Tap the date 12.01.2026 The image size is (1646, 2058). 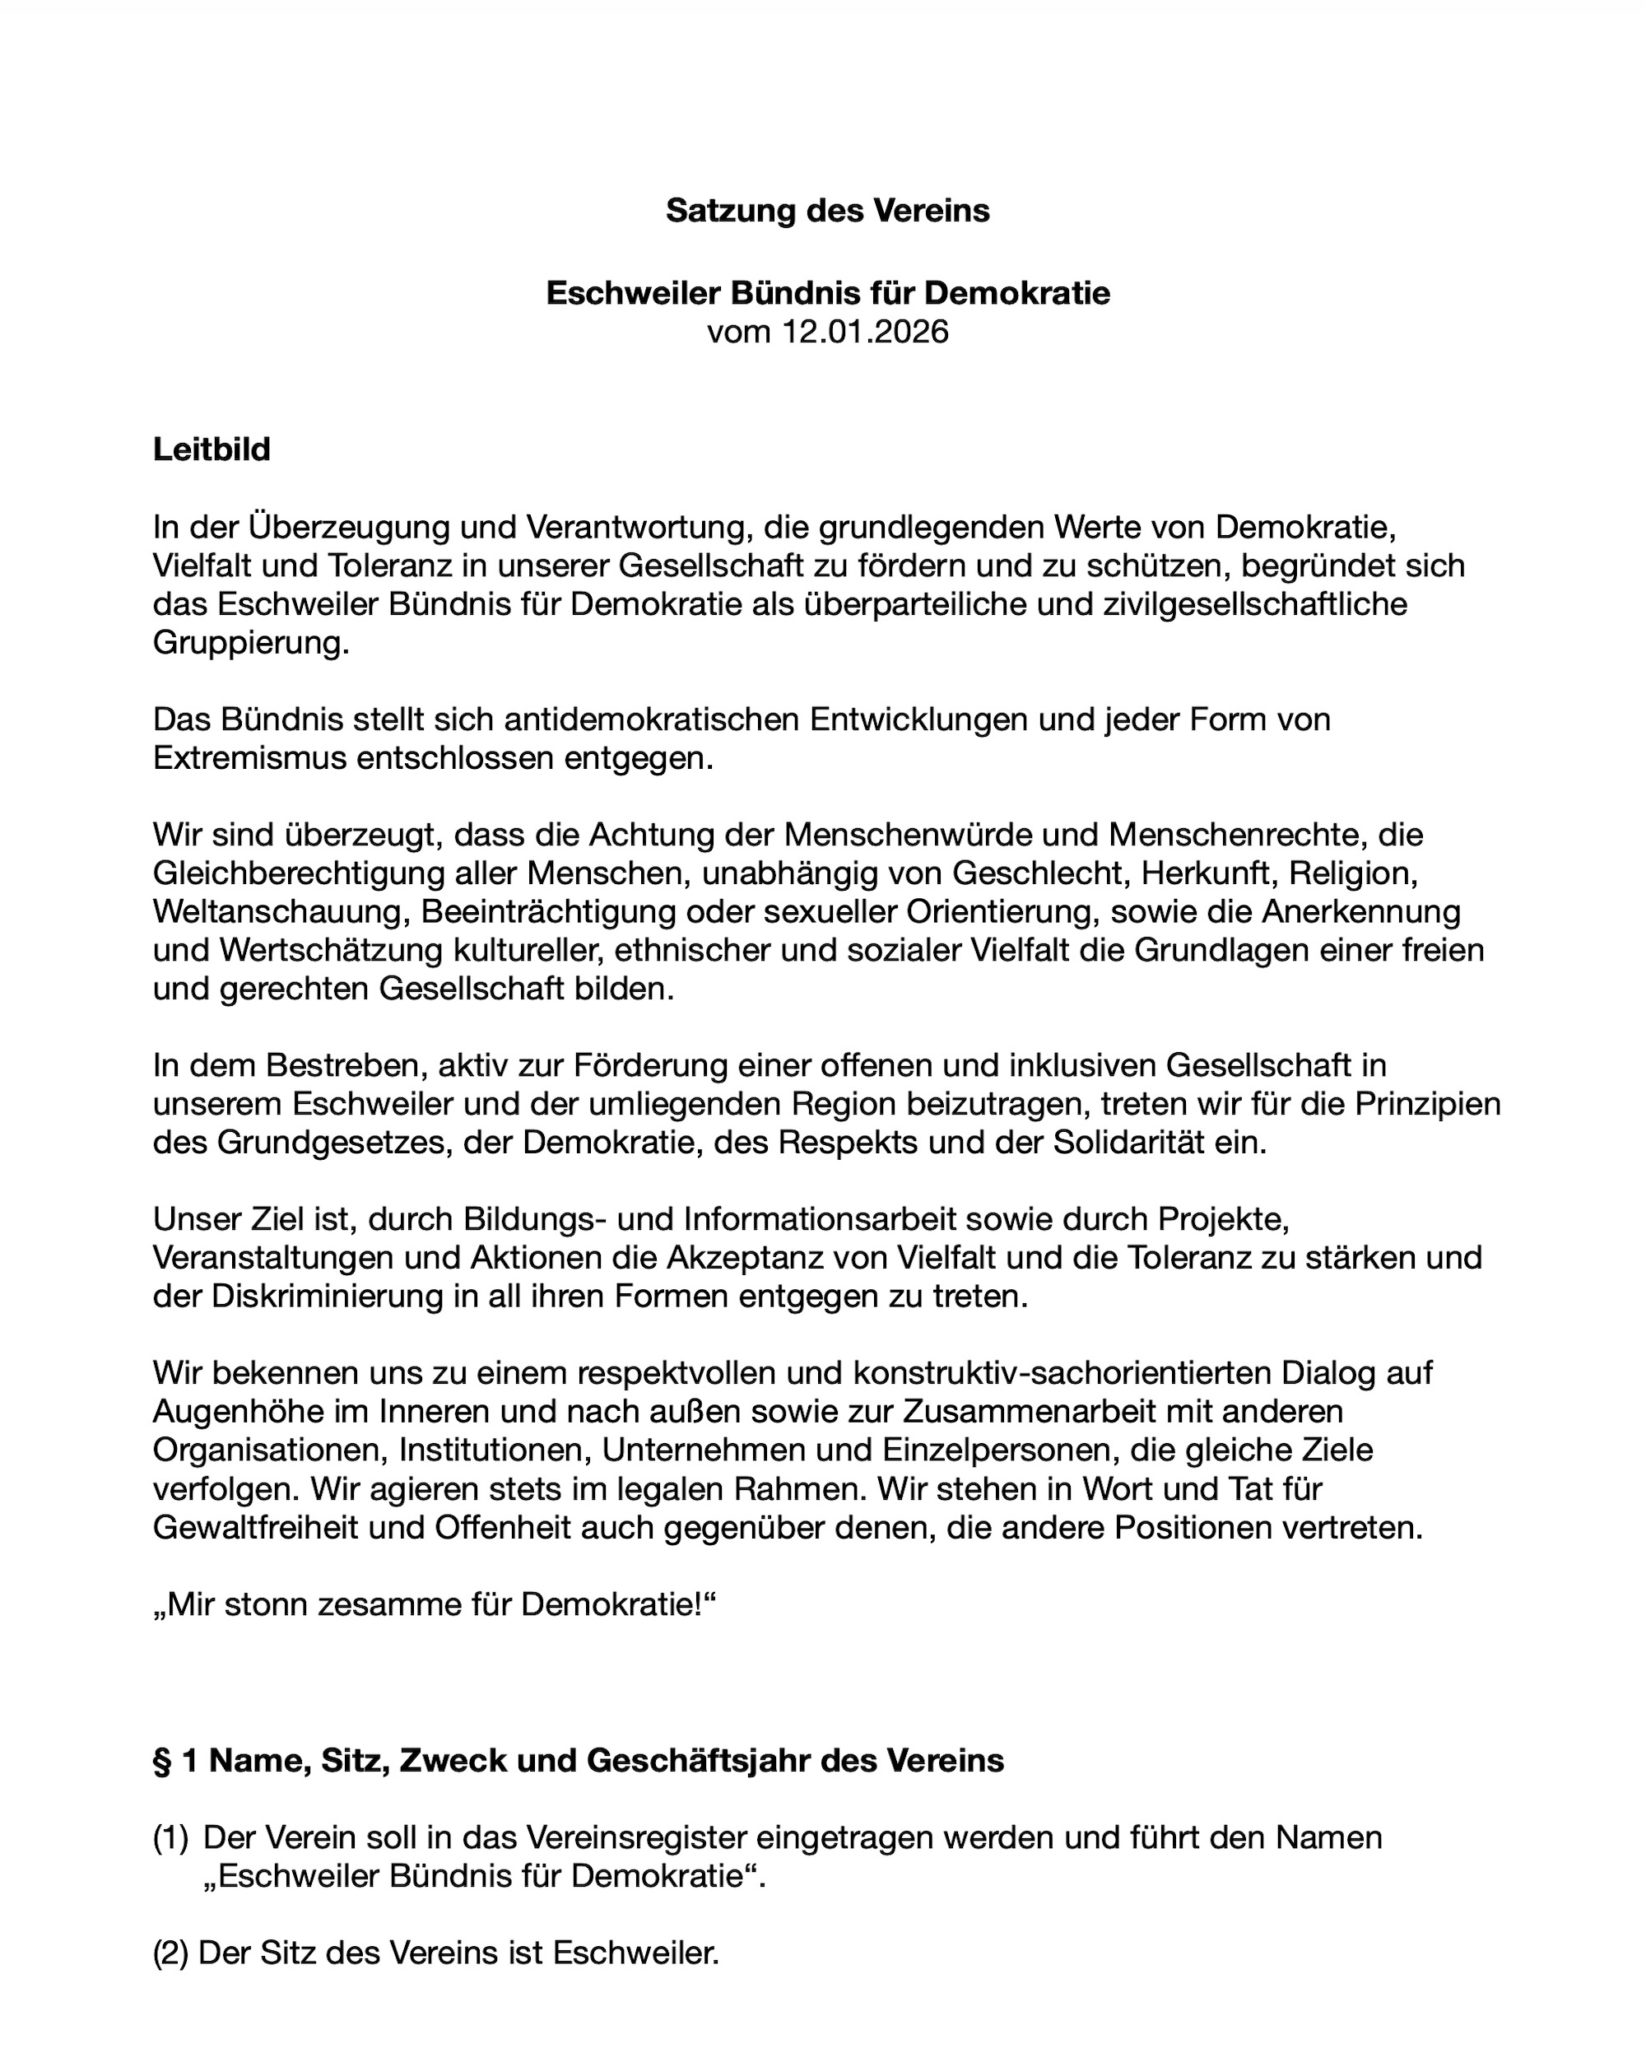[864, 333]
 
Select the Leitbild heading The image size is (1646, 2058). [212, 449]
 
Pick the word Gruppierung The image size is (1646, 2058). [250, 644]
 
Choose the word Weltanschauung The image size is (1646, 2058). [281, 913]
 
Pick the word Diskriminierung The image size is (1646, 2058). [316, 1297]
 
